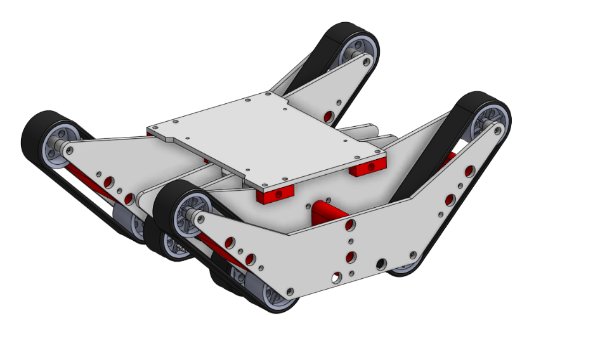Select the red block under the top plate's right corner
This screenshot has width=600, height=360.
click(x=368, y=167)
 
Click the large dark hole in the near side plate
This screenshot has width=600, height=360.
click(x=382, y=264)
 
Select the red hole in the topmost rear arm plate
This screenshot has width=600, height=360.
click(x=328, y=115)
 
